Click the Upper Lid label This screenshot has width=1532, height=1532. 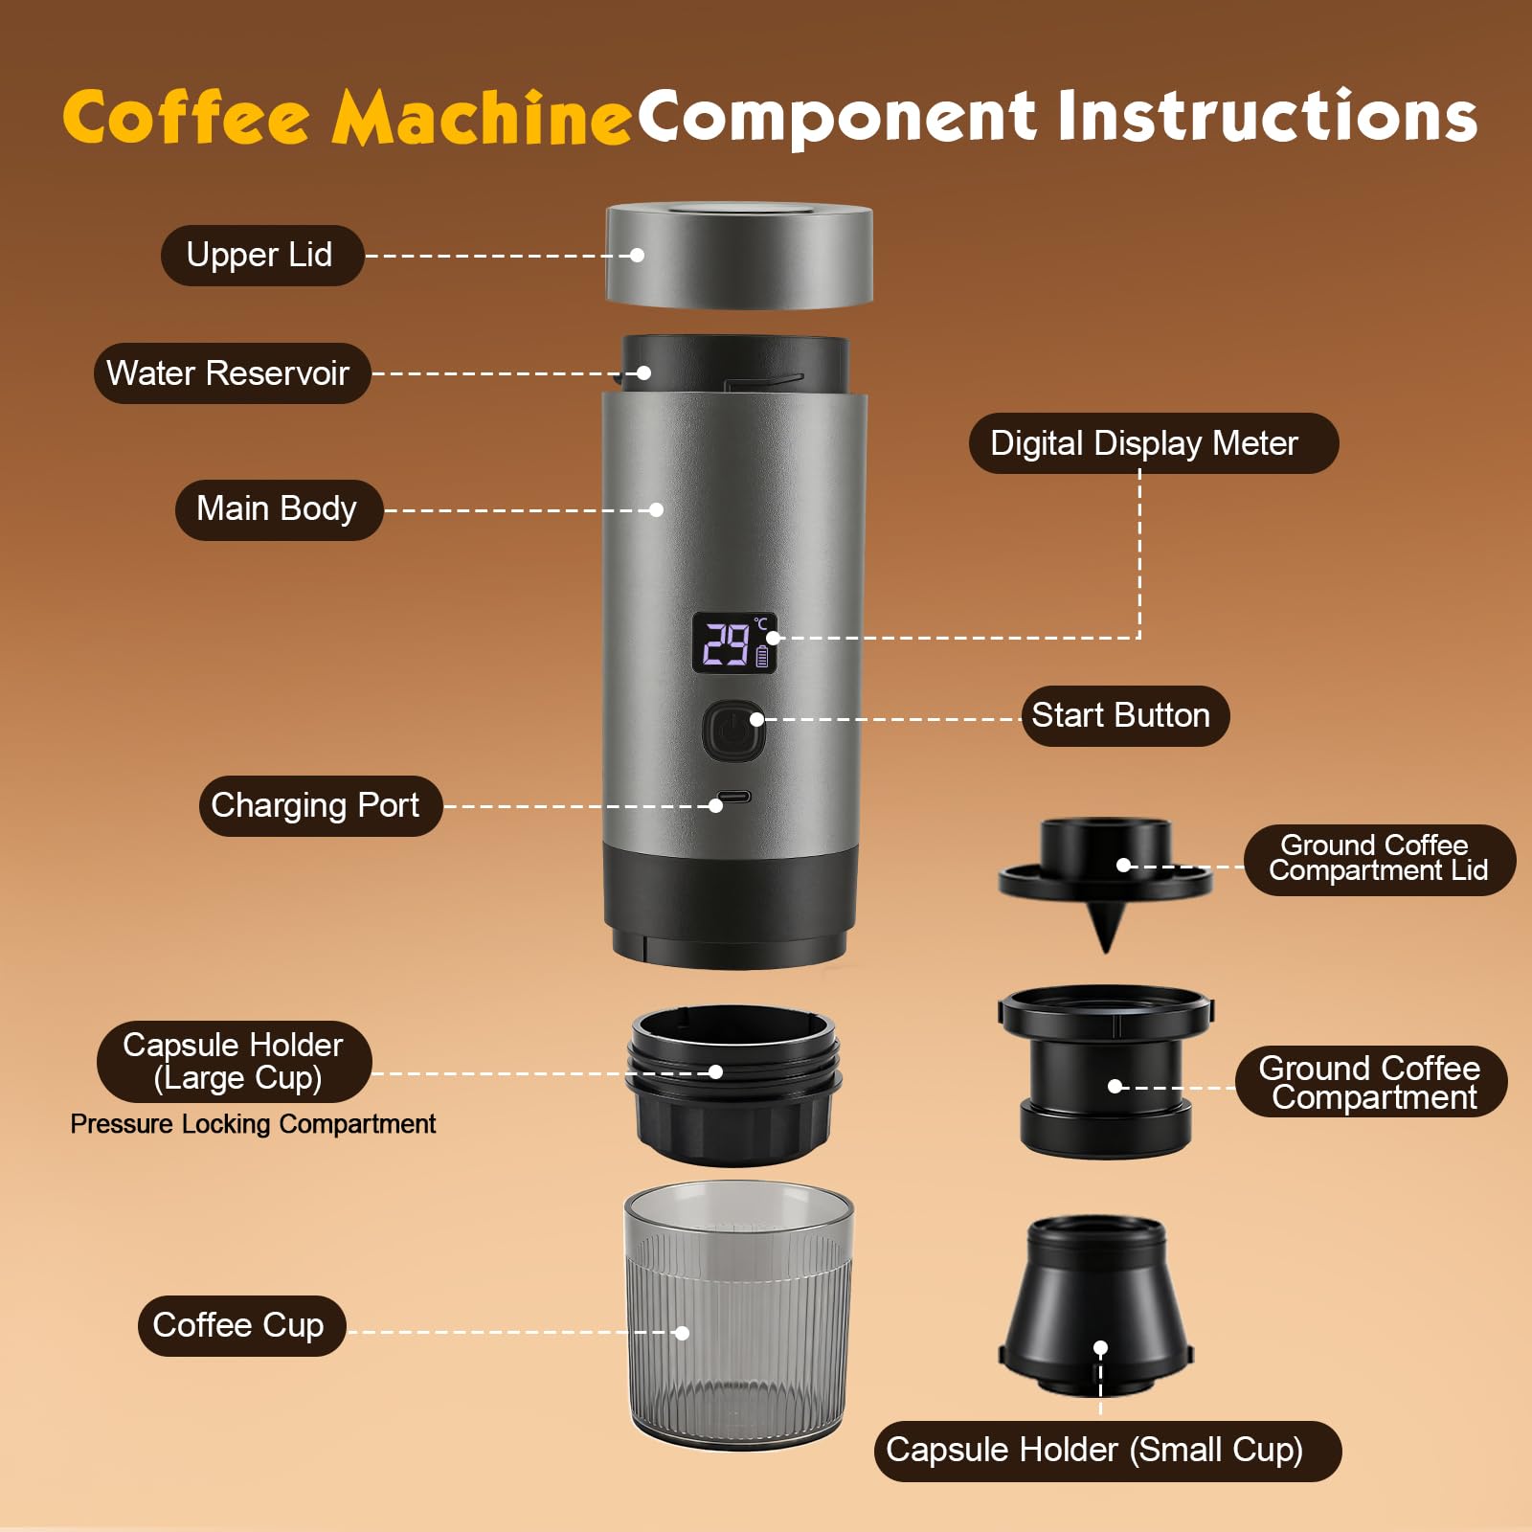pos(260,256)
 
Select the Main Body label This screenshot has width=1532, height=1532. pos(278,509)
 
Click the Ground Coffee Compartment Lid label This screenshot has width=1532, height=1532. pos(1378,859)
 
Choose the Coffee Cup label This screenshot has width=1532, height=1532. pos(240,1325)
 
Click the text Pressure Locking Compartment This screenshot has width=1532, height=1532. pos(253,1124)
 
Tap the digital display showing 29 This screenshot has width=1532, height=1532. pos(733,643)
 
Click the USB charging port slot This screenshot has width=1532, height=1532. pos(734,797)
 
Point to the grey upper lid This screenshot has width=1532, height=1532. pos(738,257)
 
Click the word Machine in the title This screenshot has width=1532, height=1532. pos(481,119)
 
